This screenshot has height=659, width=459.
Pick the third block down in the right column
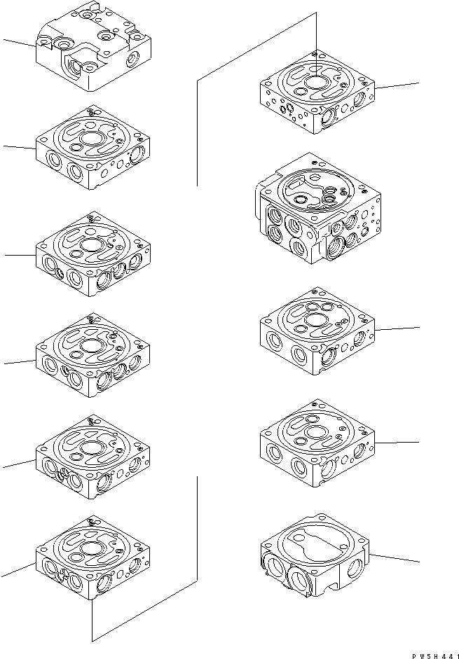tap(317, 329)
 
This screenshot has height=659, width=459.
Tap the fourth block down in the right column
tap(317, 445)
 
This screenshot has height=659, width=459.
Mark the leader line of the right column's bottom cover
tap(396, 557)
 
